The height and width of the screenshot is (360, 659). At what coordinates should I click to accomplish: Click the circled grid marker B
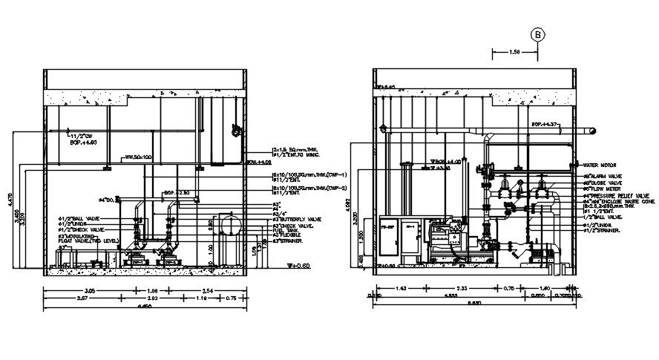[537, 34]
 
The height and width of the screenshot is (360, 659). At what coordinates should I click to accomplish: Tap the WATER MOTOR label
[600, 166]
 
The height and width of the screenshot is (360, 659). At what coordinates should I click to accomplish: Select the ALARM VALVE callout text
[603, 176]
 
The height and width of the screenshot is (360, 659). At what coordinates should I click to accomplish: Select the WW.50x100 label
[137, 157]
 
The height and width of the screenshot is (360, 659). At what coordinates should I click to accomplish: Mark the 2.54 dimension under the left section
[208, 290]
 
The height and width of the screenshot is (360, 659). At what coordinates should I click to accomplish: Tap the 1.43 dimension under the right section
[401, 287]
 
